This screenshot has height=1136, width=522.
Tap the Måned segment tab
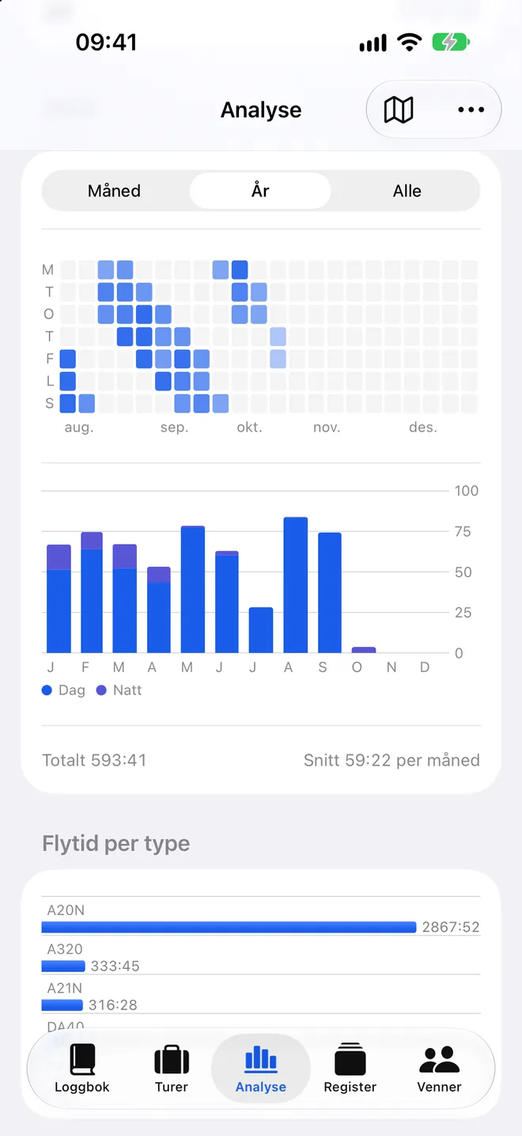[x=114, y=191]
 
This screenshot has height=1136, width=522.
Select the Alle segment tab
[x=407, y=191]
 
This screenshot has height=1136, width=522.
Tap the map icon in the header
[x=399, y=109]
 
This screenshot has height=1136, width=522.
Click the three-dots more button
[x=471, y=109]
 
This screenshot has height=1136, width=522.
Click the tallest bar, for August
[x=296, y=585]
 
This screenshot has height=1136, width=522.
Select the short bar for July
[x=261, y=630]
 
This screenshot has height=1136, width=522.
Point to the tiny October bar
[x=363, y=650]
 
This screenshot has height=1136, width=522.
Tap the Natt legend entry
[x=119, y=690]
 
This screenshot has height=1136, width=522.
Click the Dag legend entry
[x=63, y=690]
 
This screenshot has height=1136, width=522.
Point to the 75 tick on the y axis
[x=463, y=531]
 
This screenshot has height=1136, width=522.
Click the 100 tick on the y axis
[x=467, y=490]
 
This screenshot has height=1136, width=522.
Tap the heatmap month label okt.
[x=249, y=427]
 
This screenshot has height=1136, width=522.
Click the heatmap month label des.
[x=422, y=427]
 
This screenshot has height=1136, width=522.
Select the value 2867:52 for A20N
[x=451, y=927]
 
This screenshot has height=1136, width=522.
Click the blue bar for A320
[x=63, y=966]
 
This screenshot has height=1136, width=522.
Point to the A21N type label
[x=64, y=988]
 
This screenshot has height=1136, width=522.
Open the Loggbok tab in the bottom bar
[x=82, y=1068]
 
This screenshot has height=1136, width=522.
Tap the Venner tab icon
[x=439, y=1060]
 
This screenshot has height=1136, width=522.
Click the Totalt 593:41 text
[x=94, y=760]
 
